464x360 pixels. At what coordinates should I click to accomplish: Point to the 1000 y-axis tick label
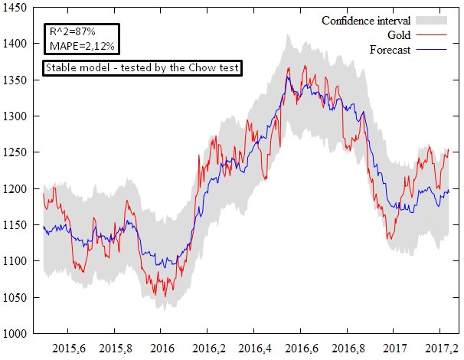point(15,334)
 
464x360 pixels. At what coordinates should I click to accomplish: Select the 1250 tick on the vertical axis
point(15,152)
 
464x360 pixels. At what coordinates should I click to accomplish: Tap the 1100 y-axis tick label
point(15,261)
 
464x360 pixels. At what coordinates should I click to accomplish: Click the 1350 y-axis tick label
point(15,80)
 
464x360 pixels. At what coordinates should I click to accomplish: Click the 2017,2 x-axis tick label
point(441,349)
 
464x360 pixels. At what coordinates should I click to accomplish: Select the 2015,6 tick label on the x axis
point(67,349)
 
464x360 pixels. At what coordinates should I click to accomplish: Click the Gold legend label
point(400,35)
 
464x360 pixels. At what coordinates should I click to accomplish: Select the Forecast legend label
point(390,50)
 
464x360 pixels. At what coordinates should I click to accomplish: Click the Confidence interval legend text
point(367,20)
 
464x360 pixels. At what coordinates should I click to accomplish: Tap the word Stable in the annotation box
point(60,68)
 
